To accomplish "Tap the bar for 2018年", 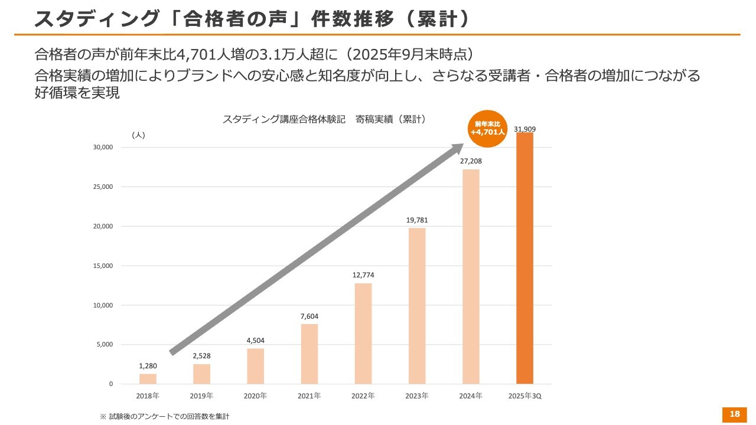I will tap(148, 378).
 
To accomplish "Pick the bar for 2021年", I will tap(309, 354).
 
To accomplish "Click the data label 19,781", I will tap(417, 220).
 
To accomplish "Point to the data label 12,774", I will tap(363, 275).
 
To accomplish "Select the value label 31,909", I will tap(525, 129).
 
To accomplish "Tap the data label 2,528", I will tap(201, 356).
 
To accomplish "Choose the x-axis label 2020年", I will tap(255, 395).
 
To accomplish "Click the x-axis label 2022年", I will tap(363, 395).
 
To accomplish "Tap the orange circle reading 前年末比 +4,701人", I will tap(488, 129).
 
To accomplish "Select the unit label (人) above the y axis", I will tap(138, 135).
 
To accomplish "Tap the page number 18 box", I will tap(735, 414).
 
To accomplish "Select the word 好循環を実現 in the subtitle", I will tap(77, 93).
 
